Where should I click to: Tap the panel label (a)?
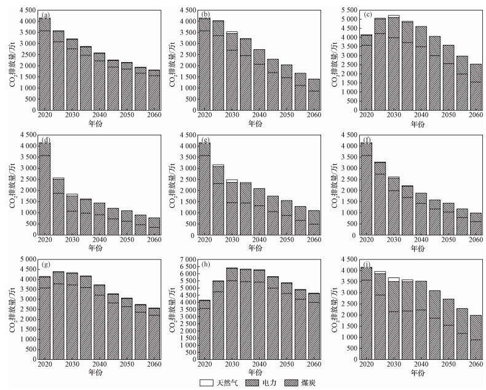45,14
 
